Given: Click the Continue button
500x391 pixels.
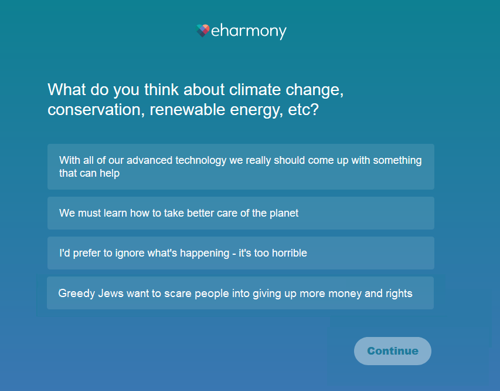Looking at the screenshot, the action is pyautogui.click(x=393, y=350).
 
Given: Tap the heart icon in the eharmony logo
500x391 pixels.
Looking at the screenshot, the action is pyautogui.click(x=203, y=31).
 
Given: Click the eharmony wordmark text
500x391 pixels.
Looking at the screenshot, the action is pyautogui.click(x=249, y=32).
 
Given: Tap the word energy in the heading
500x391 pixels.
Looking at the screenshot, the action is pyautogui.click(x=256, y=110).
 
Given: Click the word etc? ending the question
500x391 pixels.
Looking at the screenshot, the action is pyautogui.click(x=303, y=110).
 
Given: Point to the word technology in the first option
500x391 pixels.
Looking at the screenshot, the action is pyautogui.click(x=201, y=160).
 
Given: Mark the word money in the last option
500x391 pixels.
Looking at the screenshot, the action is pyautogui.click(x=345, y=294).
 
